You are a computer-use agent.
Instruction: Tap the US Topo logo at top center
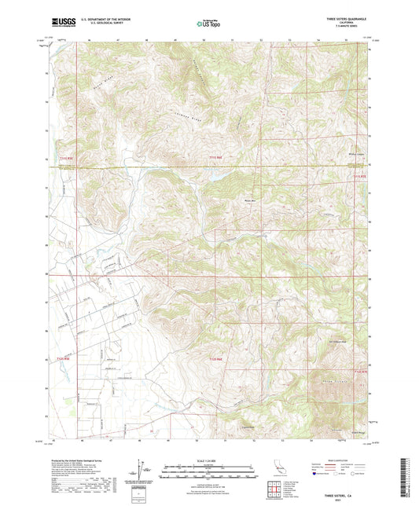point(208,24)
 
